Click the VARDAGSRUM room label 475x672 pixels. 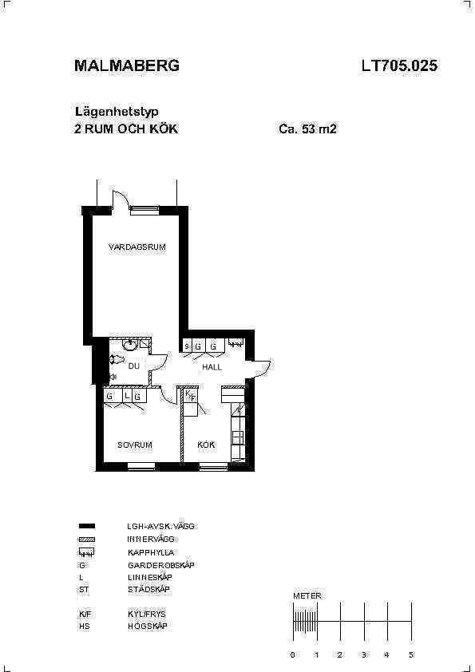point(137,247)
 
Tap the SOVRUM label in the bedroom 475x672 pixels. point(135,445)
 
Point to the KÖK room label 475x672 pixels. point(206,445)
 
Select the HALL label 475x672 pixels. point(212,367)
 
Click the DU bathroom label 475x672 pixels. point(134,366)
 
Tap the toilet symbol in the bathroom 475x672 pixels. point(117,359)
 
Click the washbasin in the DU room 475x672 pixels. point(129,343)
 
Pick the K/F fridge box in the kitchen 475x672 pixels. point(190,402)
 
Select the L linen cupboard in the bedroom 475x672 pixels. point(127,396)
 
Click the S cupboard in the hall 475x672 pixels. point(187,346)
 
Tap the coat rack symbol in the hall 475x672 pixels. point(236,342)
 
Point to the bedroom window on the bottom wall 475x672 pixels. point(141,466)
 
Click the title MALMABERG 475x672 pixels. point(127,65)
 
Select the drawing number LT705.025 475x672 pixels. point(399,65)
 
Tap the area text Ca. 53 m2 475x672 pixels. point(308,128)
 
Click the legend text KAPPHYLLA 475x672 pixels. point(151,552)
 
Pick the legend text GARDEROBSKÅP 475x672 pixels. point(160,565)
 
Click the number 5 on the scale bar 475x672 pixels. point(411,654)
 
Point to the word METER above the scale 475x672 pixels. point(307,595)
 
